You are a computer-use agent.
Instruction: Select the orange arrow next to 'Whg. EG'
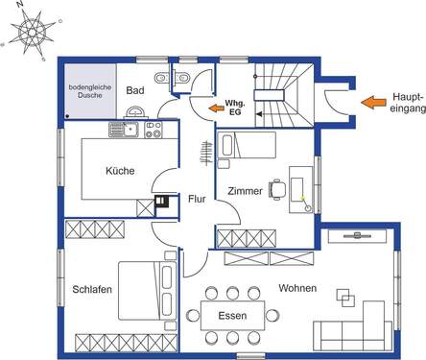(212, 107)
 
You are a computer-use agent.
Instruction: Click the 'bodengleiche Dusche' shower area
(90, 91)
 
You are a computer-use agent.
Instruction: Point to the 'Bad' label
(134, 90)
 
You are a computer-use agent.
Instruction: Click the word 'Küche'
(120, 171)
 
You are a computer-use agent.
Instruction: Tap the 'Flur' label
(196, 200)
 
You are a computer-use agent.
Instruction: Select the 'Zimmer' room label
(246, 191)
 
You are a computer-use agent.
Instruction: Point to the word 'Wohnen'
(297, 288)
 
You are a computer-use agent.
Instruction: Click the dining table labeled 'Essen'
(232, 315)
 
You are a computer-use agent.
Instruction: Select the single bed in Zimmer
(248, 146)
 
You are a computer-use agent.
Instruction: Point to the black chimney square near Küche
(161, 203)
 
